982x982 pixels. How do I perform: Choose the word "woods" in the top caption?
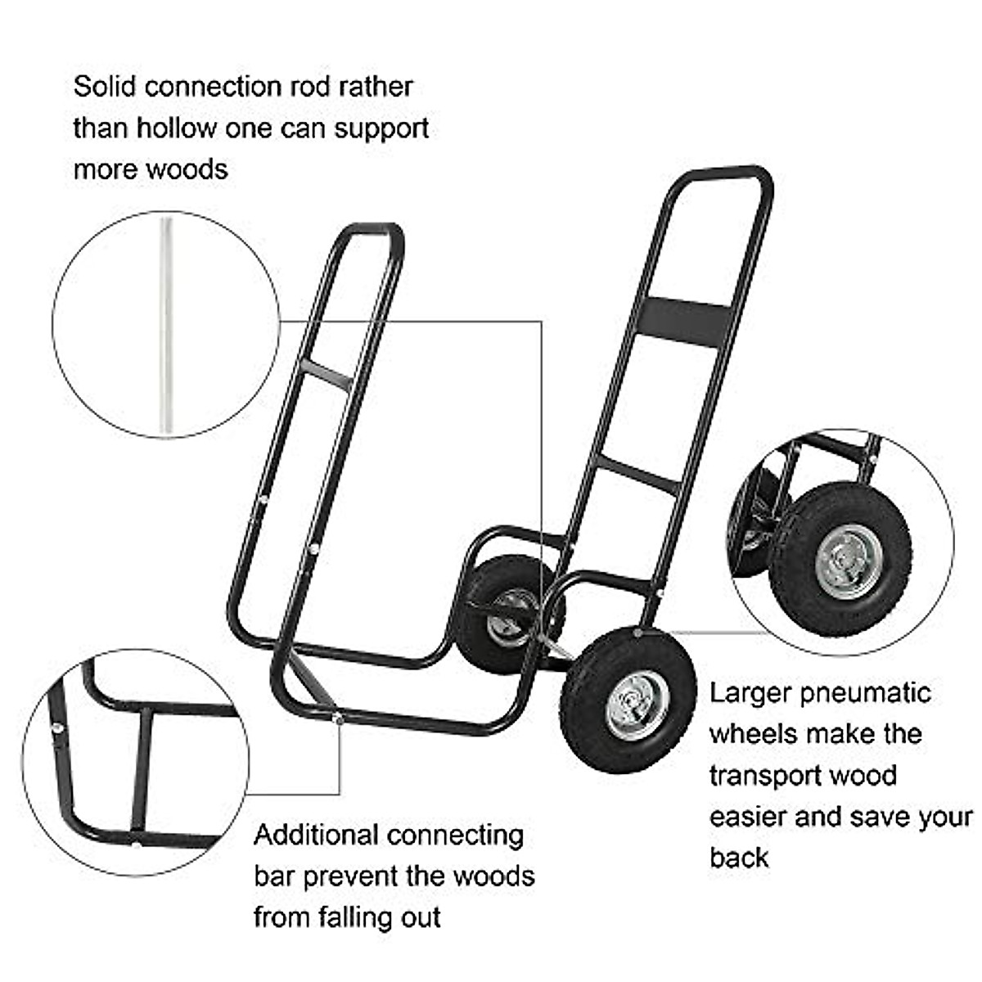[x=188, y=169]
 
